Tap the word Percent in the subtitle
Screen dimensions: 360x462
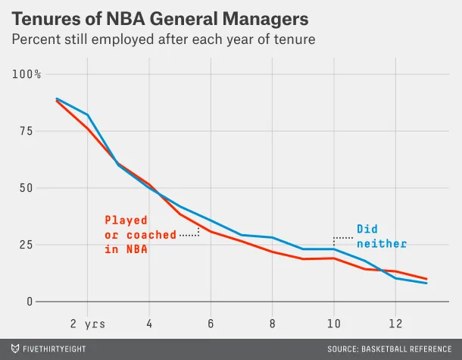click(x=38, y=39)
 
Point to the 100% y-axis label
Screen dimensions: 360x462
click(x=27, y=74)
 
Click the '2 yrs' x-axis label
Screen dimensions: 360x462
click(x=88, y=323)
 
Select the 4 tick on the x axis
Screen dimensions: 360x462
click(x=148, y=323)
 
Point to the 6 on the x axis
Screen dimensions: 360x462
click(x=211, y=323)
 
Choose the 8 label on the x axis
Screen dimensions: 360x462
click(x=272, y=323)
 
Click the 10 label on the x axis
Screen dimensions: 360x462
click(x=333, y=323)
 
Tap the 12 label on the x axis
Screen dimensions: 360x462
click(x=395, y=323)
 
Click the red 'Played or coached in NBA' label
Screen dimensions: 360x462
click(x=140, y=234)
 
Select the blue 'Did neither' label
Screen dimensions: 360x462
click(x=382, y=236)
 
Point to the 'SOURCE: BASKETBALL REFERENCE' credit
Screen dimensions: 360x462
click(x=389, y=349)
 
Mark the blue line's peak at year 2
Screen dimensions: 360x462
click(x=88, y=114)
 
